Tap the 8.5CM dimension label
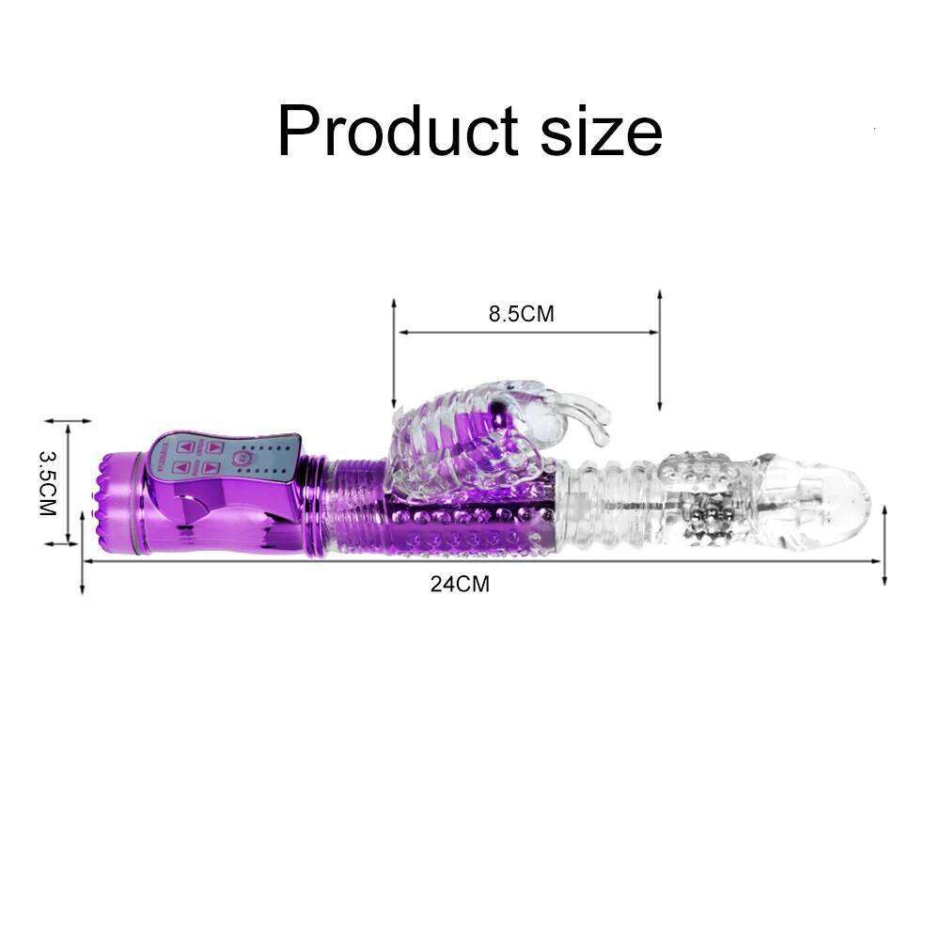click(521, 314)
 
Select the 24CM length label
click(461, 584)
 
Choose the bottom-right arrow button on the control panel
click(211, 467)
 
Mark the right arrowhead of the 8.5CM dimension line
click(653, 332)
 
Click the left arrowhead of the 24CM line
click(88, 561)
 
